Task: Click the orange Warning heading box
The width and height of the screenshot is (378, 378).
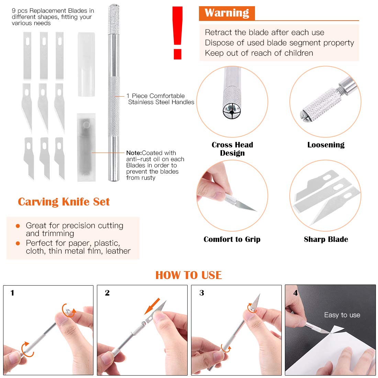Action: pyautogui.click(x=227, y=13)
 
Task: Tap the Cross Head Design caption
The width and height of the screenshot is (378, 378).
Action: pyautogui.click(x=232, y=149)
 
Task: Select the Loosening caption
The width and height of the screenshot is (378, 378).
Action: pyautogui.click(x=326, y=145)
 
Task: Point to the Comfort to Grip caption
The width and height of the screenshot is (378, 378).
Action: pyautogui.click(x=232, y=239)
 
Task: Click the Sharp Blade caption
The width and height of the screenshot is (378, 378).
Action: pyautogui.click(x=326, y=239)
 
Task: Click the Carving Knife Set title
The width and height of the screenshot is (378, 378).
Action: pyautogui.click(x=64, y=202)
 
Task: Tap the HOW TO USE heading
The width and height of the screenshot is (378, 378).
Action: pyautogui.click(x=189, y=275)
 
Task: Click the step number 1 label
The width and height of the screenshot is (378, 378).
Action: pyautogui.click(x=12, y=293)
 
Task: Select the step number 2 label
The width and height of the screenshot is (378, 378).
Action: pyautogui.click(x=107, y=293)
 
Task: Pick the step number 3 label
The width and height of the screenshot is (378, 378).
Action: pyautogui.click(x=202, y=293)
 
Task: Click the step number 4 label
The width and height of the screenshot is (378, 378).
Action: pyautogui.click(x=296, y=293)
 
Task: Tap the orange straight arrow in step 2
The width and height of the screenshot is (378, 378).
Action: pyautogui.click(x=152, y=306)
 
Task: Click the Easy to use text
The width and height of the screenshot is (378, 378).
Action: pyautogui.click(x=342, y=315)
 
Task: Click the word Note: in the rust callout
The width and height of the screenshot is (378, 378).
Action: pyautogui.click(x=134, y=153)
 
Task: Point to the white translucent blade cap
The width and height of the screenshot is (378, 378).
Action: pyautogui.click(x=86, y=64)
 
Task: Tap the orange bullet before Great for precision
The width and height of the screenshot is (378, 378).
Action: pyautogui.click(x=18, y=226)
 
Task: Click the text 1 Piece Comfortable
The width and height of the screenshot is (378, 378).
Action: pyautogui.click(x=156, y=96)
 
